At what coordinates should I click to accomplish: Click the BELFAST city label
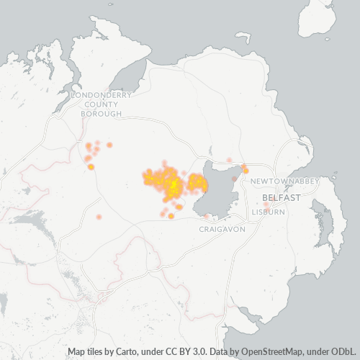[276, 197]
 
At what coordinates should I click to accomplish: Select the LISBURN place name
[269, 212]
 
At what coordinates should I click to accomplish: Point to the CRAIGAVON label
[222, 228]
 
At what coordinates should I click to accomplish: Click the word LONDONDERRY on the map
[101, 94]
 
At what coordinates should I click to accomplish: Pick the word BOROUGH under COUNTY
[101, 114]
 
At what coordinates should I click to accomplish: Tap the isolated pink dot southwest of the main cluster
[99, 217]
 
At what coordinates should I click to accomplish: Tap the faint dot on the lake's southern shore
[207, 215]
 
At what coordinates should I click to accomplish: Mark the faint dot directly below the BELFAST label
[266, 205]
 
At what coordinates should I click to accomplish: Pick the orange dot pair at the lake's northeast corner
[245, 169]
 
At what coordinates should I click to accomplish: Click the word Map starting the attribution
[77, 351]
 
